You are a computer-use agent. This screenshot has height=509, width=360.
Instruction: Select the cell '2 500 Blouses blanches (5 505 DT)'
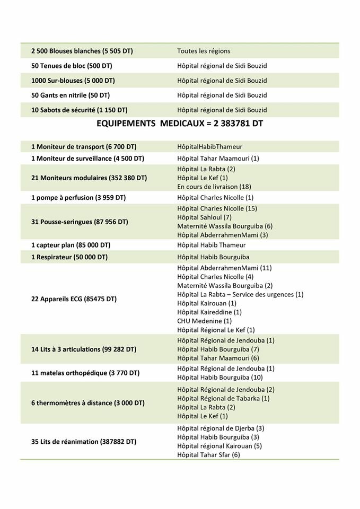click(82, 51)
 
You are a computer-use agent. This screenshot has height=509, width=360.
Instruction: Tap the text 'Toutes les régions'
click(204, 51)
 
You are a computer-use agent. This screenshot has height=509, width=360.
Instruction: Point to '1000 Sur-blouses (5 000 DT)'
click(73, 81)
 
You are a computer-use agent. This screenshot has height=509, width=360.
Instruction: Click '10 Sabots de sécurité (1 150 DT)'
click(80, 110)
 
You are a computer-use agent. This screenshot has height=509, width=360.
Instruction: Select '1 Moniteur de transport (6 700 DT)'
click(84, 146)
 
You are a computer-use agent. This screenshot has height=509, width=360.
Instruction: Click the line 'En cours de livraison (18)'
click(214, 187)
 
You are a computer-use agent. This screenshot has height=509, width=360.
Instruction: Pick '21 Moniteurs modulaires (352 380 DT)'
click(88, 178)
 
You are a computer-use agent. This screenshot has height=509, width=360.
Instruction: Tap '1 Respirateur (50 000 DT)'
click(69, 257)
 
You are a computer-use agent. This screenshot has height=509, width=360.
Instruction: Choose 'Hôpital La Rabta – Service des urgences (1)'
click(240, 294)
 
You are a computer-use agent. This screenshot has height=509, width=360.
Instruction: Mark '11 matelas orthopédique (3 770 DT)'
click(85, 373)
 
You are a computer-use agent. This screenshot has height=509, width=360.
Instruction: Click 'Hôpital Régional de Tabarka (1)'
click(224, 398)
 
